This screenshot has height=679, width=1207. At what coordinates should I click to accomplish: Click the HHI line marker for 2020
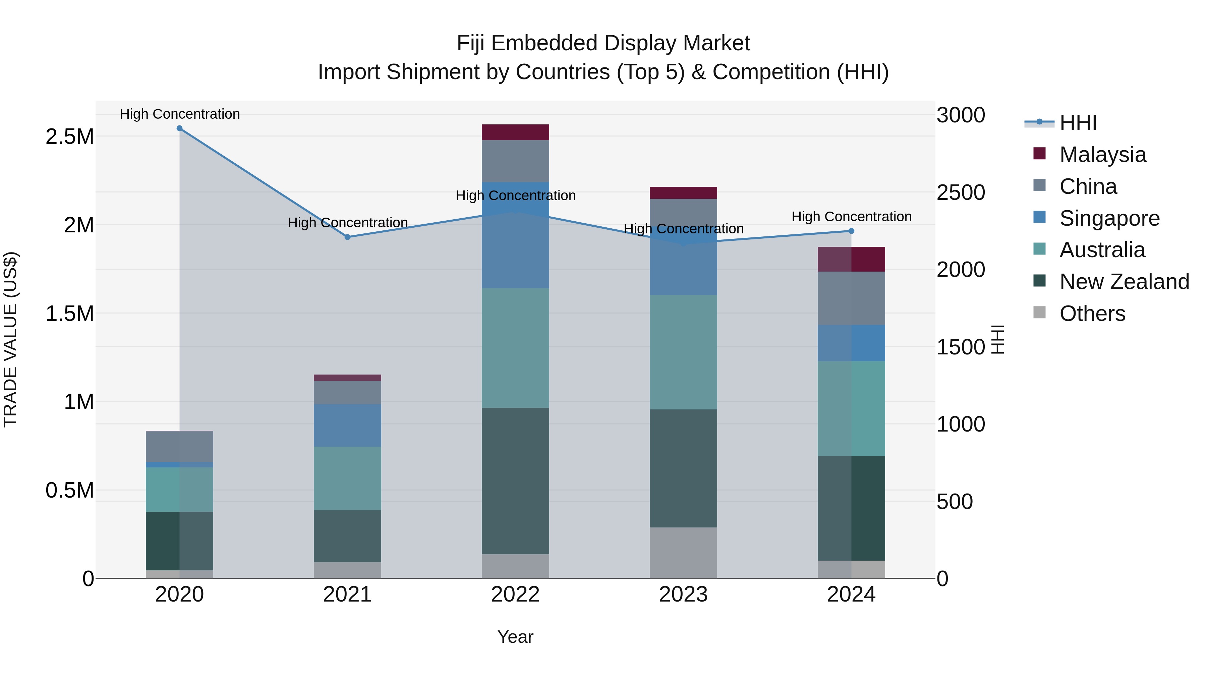point(179,128)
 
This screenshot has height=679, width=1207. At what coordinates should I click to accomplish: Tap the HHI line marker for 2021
point(348,237)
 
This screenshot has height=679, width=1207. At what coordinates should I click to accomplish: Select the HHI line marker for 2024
point(851,231)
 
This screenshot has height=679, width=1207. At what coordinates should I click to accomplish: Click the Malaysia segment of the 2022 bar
point(515,132)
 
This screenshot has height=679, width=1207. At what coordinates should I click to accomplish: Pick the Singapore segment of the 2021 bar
point(348,426)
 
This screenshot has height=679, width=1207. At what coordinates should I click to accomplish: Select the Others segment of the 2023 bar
point(683,553)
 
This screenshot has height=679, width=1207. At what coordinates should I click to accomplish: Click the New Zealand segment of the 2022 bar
point(515,481)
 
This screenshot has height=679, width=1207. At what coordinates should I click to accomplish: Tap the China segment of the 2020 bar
point(179,447)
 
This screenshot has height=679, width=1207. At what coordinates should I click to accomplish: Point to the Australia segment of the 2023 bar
point(683,352)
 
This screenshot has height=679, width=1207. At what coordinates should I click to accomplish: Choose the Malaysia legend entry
point(1102,155)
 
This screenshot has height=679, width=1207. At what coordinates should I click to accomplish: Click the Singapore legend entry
point(1109,218)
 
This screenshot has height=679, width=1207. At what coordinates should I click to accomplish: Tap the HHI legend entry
point(1077,123)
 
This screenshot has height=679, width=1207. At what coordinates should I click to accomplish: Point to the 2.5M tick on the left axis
point(70,137)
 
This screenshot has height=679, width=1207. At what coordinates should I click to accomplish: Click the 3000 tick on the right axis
point(961,115)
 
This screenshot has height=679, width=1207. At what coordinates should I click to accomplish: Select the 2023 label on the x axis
point(683,595)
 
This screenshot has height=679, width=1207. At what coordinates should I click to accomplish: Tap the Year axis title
point(515,637)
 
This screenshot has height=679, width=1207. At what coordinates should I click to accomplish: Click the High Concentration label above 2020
point(179,114)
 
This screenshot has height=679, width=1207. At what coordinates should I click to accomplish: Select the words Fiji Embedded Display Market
point(603,43)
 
